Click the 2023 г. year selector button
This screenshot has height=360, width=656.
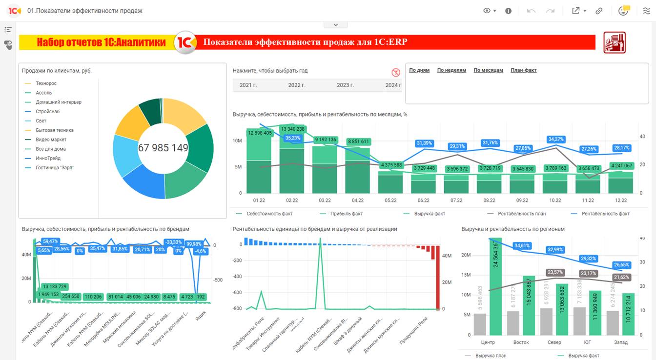coord(345,85)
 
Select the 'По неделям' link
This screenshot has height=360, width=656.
coord(451,70)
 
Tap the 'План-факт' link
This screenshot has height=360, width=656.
coord(523,70)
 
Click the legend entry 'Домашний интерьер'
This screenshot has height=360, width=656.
coord(59,102)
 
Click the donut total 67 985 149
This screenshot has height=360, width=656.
coord(163,148)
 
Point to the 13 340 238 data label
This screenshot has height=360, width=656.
coord(292,129)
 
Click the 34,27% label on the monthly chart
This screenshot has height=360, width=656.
coord(556,140)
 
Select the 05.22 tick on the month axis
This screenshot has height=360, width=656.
coord(390,200)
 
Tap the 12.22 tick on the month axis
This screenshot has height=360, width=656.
coord(621,200)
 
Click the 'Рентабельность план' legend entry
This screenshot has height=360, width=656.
coord(521,214)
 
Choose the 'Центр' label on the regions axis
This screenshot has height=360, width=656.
coord(488,342)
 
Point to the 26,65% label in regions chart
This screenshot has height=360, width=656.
coord(621,265)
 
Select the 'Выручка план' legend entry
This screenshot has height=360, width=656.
coord(491,356)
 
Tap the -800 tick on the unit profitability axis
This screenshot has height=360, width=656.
coord(238,309)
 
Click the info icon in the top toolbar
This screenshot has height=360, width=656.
coord(508,11)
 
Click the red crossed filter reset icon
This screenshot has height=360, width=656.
coord(396,73)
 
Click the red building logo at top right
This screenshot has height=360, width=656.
coord(615,42)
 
